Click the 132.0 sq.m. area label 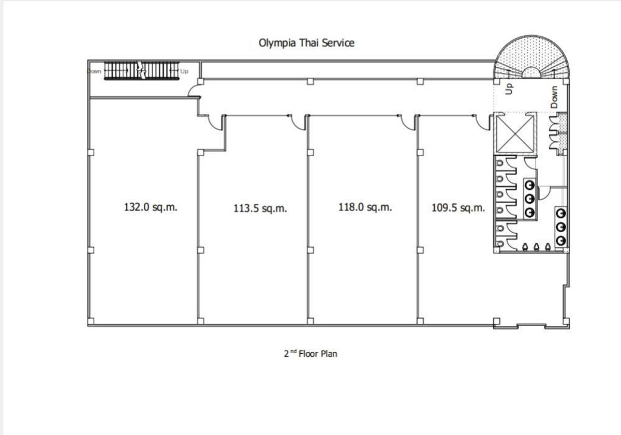tap(154, 207)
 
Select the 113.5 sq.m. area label tap(260, 208)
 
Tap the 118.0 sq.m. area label tap(365, 207)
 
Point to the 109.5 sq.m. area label tap(458, 208)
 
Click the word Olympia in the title tap(277, 42)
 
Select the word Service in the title tap(338, 42)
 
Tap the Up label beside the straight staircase tap(184, 71)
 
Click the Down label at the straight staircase tap(94, 71)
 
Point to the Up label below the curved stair tap(509, 89)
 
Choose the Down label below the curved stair tap(555, 97)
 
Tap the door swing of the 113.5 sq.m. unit tap(299, 123)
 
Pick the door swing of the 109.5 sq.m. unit tap(483, 123)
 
